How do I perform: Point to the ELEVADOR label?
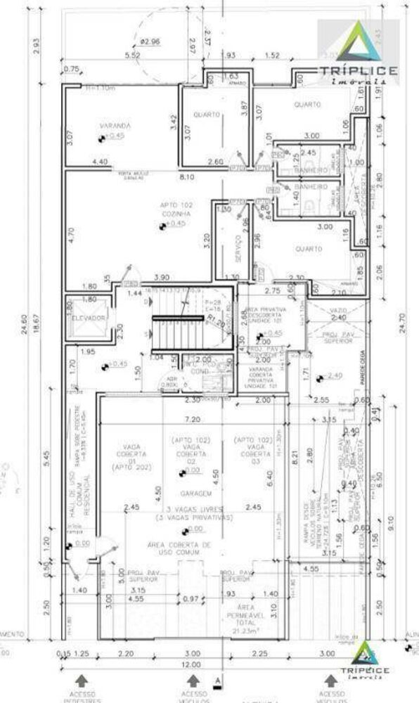(x=89, y=318)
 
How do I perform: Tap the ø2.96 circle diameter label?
(x=150, y=41)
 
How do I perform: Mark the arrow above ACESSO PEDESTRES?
(x=83, y=680)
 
